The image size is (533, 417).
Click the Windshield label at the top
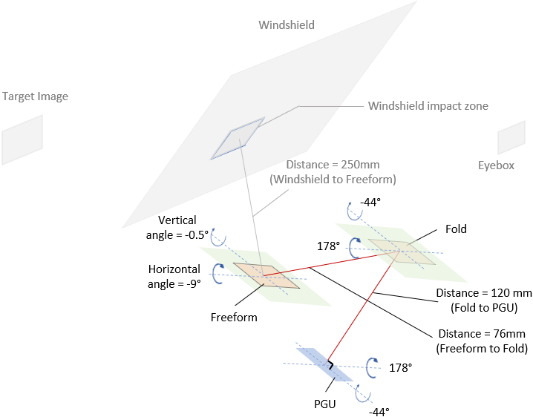(287, 25)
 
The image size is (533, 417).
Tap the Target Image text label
(35, 96)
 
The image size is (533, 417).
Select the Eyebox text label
(496, 165)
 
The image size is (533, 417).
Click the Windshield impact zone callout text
(428, 106)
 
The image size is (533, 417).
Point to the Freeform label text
(234, 318)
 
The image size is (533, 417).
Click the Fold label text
(456, 229)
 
